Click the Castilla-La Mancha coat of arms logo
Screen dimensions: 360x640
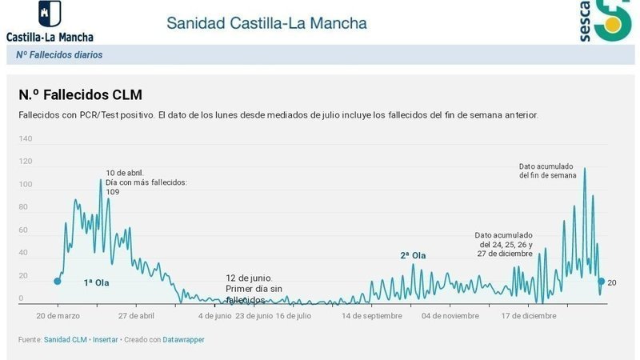click(x=49, y=15)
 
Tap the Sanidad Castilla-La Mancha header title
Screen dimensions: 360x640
click(x=266, y=22)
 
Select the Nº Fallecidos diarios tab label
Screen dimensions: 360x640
click(x=59, y=55)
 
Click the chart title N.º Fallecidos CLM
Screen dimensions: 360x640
click(x=80, y=94)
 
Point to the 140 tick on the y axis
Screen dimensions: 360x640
click(x=26, y=139)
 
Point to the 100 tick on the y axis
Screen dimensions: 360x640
click(x=26, y=185)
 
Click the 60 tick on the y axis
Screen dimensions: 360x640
click(x=24, y=230)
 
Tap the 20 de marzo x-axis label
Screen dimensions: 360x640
click(x=58, y=316)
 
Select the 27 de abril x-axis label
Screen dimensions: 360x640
click(x=135, y=316)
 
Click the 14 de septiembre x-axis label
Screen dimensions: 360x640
click(x=371, y=316)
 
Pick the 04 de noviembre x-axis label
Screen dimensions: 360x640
click(x=450, y=316)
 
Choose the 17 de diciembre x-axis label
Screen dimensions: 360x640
click(x=529, y=316)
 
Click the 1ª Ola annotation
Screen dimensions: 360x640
click(x=96, y=283)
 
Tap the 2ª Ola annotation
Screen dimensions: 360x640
click(x=413, y=256)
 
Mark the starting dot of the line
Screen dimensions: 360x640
click(x=57, y=281)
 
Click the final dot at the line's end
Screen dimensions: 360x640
click(x=601, y=281)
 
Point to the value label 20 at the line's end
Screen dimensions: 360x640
click(x=612, y=282)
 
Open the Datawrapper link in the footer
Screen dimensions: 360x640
click(x=185, y=340)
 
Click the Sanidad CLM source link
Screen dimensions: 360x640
click(x=66, y=340)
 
